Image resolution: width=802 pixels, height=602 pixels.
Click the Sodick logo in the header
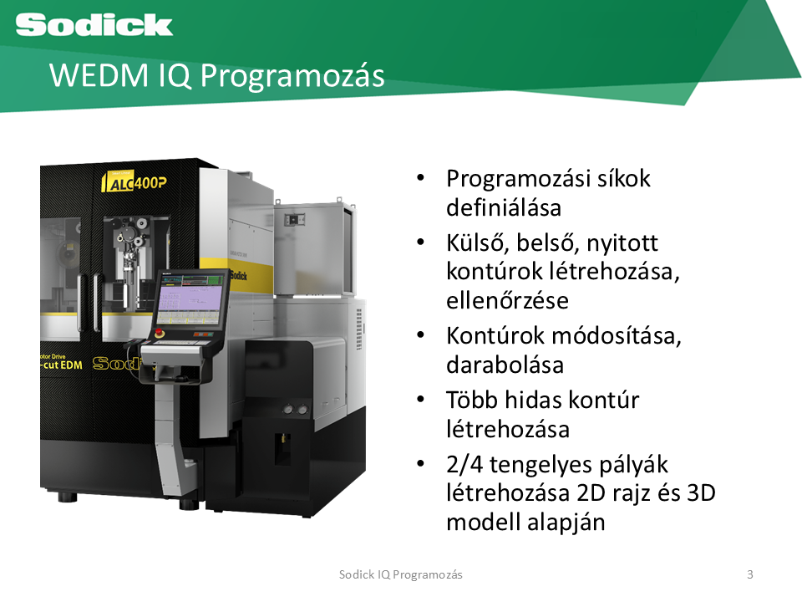(x=94, y=24)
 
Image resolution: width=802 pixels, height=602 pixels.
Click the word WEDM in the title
(x=99, y=75)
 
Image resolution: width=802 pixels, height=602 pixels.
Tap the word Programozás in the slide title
(x=292, y=77)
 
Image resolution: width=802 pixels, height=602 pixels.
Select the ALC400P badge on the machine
(x=135, y=181)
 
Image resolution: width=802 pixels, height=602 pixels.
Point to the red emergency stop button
(x=159, y=333)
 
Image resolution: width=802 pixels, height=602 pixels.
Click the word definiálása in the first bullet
(x=504, y=208)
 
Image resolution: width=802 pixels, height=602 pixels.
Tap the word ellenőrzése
(x=507, y=300)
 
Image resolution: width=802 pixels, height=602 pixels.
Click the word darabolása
(x=505, y=365)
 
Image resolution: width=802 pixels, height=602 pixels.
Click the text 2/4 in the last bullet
(x=464, y=465)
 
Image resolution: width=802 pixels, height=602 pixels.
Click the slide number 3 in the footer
(x=750, y=574)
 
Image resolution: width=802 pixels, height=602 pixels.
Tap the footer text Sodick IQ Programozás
(x=400, y=575)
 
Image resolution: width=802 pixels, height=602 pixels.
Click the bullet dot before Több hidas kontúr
(x=420, y=400)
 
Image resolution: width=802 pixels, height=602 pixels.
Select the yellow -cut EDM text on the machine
(x=61, y=365)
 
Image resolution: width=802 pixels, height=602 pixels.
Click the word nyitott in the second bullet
(x=622, y=244)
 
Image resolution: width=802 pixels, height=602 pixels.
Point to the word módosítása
(x=617, y=336)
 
